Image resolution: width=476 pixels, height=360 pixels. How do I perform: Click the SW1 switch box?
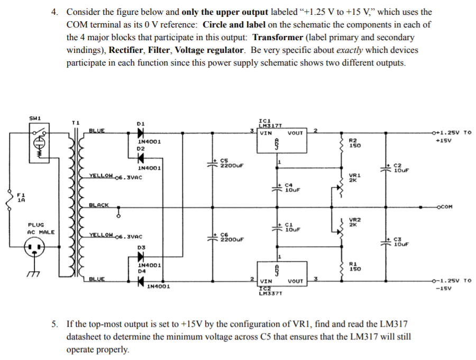click(x=39, y=143)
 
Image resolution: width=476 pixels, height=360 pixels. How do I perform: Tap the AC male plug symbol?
click(x=34, y=246)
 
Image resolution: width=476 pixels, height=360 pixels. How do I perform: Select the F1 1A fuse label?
click(x=21, y=197)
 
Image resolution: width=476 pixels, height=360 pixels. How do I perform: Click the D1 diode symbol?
click(x=141, y=133)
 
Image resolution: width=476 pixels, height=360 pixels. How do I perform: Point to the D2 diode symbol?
click(x=141, y=158)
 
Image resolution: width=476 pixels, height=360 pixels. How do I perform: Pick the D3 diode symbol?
click(x=141, y=257)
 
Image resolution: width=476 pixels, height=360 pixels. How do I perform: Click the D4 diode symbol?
click(x=141, y=281)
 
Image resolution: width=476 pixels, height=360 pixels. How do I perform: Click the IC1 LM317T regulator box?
click(x=282, y=141)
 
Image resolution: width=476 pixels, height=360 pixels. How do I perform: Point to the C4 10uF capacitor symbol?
click(x=277, y=188)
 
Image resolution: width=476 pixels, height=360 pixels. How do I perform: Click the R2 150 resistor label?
click(x=354, y=143)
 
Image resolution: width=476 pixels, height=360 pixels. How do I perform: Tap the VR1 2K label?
click(x=354, y=178)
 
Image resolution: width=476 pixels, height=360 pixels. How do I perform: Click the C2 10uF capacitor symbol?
click(x=386, y=168)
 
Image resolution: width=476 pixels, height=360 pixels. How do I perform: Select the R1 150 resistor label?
click(x=354, y=266)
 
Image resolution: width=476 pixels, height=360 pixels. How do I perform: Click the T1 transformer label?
click(x=75, y=123)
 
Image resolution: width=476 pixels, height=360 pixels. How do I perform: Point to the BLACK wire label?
click(x=99, y=205)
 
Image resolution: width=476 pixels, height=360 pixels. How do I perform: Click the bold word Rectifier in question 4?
click(x=126, y=50)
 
